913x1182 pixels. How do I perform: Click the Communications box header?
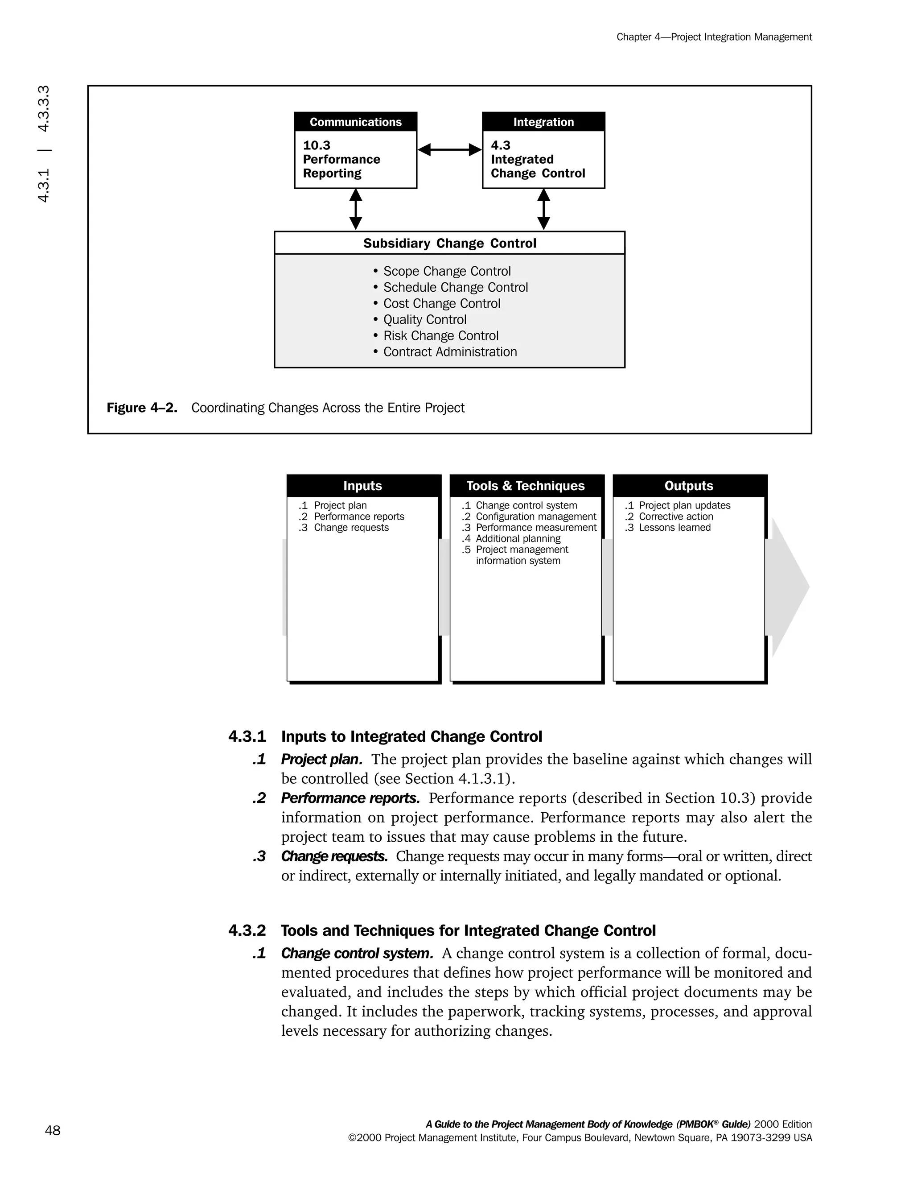(355, 122)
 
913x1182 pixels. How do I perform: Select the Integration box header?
(543, 122)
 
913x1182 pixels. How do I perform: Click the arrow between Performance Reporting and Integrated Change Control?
(449, 150)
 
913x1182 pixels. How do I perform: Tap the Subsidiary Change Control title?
(449, 243)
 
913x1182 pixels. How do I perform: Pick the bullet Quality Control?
(424, 319)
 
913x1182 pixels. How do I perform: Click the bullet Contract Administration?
(449, 352)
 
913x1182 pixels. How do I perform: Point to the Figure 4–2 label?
(142, 408)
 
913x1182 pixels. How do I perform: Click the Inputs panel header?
(363, 485)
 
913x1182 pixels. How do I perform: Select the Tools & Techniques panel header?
(526, 485)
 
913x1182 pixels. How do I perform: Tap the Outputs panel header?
(688, 485)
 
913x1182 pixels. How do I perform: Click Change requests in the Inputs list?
(351, 527)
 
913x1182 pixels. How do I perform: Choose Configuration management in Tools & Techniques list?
(535, 517)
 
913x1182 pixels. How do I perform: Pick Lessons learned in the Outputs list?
(674, 527)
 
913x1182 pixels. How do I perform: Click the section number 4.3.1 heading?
(247, 736)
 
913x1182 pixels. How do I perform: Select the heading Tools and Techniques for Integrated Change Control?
(468, 930)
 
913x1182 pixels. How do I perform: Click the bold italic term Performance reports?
(350, 798)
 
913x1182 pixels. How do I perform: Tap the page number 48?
(53, 1130)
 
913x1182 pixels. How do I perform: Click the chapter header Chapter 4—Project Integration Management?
(714, 37)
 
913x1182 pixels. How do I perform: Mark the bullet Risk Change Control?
(440, 335)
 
